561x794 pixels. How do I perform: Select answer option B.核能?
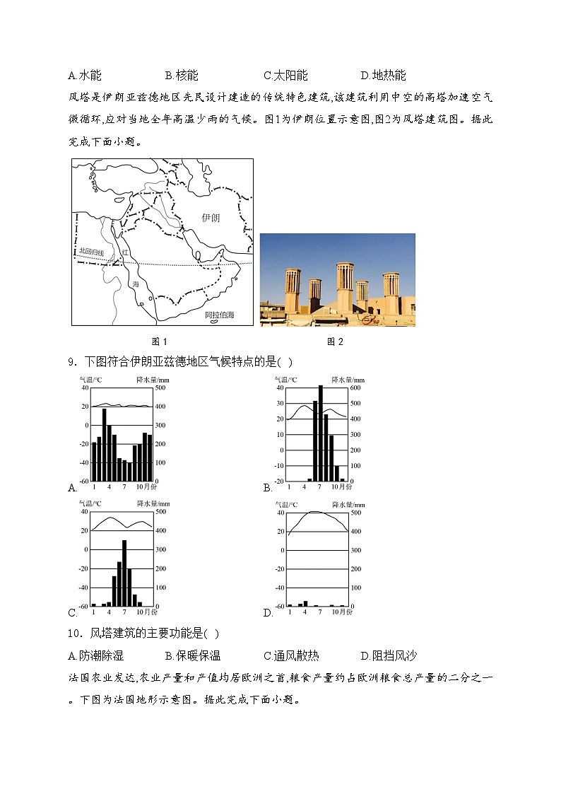click(182, 76)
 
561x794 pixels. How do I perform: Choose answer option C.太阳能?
click(285, 76)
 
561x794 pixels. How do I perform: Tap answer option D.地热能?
click(383, 76)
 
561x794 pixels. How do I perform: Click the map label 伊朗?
click(210, 218)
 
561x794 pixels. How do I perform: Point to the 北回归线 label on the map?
click(91, 252)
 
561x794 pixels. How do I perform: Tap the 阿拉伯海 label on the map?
click(219, 315)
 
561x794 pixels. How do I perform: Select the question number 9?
click(71, 362)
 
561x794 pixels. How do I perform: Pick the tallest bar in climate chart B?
click(321, 433)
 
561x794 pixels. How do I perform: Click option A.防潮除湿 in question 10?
click(95, 655)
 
